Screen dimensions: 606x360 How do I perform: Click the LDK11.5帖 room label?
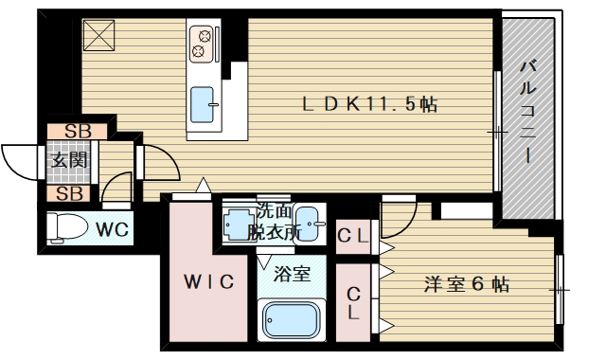369,104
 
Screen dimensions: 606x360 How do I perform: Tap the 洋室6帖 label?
467,284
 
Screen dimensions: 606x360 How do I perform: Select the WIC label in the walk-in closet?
208,281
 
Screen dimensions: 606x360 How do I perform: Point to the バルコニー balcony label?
527,112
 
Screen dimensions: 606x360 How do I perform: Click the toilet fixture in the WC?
66,228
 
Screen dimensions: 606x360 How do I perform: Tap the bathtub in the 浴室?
292,320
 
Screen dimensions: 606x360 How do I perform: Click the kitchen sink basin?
203,105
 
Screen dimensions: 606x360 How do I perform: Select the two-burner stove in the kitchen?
202,44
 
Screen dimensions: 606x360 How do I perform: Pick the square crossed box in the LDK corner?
98,35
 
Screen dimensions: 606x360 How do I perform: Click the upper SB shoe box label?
78,132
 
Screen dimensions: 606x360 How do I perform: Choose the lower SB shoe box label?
69,193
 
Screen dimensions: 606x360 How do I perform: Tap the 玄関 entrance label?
69,160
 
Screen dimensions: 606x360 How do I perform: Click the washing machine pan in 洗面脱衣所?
239,224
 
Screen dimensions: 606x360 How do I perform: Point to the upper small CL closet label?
352,236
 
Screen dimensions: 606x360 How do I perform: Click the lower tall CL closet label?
353,303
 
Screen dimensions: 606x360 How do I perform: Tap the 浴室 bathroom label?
292,274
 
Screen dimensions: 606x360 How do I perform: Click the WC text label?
112,229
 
